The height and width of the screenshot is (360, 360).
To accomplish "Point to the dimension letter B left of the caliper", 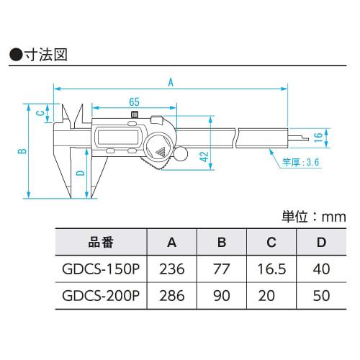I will [22, 150].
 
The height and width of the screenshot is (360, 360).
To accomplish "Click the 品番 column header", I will [100, 243].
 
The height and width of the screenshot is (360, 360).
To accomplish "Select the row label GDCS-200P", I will [101, 295].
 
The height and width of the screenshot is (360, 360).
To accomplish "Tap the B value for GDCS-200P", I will [221, 295].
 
